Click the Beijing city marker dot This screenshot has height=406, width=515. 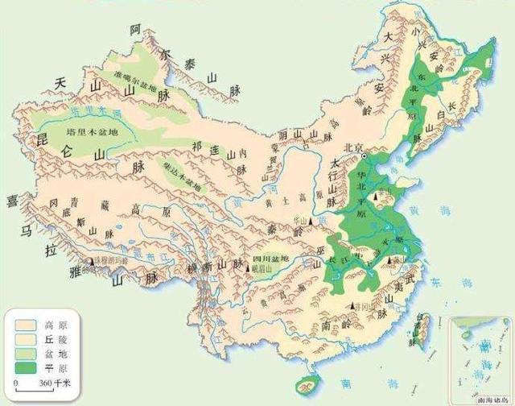click(364, 155)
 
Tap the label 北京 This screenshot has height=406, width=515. click(347, 147)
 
